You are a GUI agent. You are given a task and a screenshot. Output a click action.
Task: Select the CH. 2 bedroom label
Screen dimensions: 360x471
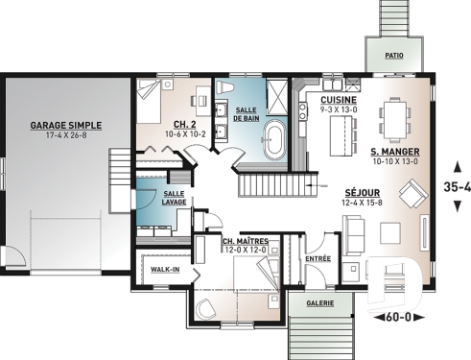click(x=186, y=125)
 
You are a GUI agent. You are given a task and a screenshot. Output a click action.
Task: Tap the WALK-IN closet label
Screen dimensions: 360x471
click(x=166, y=270)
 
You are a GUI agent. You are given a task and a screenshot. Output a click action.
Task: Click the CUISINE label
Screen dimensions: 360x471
click(x=339, y=100)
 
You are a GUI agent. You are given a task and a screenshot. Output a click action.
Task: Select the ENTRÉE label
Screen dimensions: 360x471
click(x=316, y=258)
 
